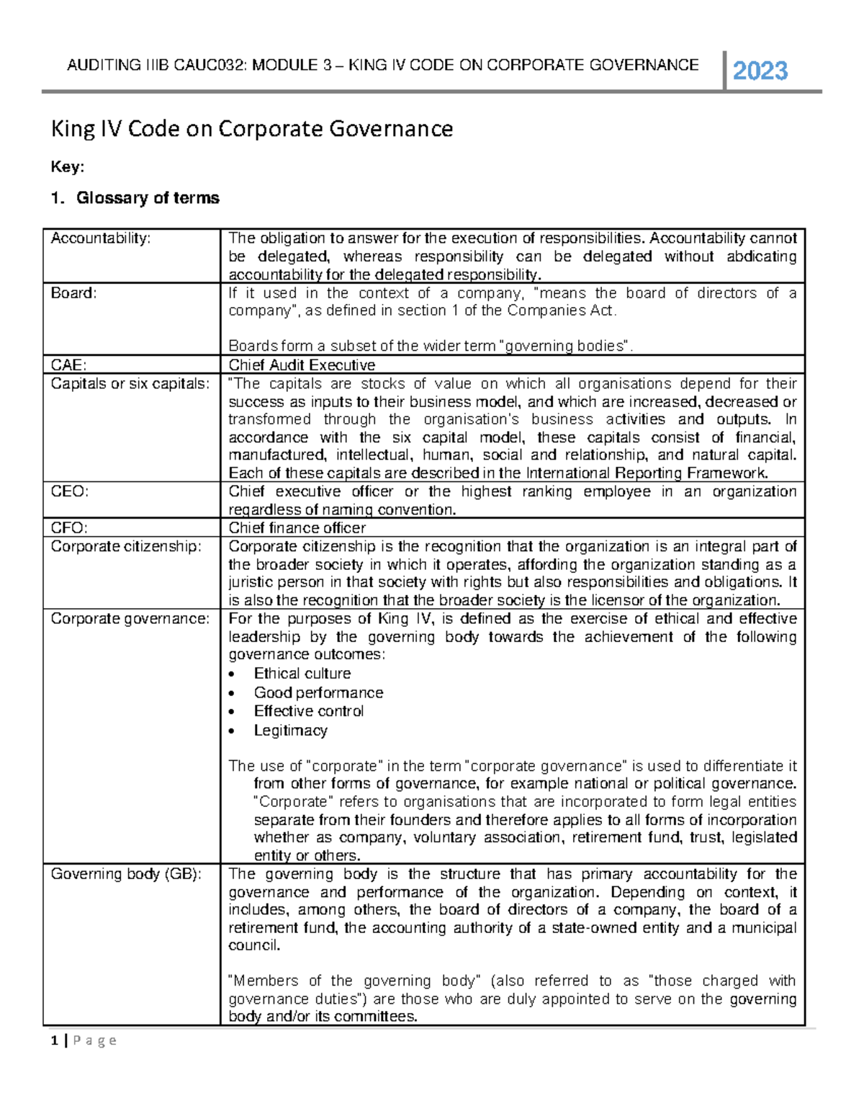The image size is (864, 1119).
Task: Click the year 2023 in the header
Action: [760, 71]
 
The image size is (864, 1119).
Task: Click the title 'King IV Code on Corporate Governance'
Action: [251, 129]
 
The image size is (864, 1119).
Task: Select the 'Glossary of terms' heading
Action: [147, 198]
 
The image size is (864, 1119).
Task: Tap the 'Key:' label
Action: [67, 167]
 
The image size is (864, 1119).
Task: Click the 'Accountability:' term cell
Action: [101, 238]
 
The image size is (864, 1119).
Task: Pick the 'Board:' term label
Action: [73, 293]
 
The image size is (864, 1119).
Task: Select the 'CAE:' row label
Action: [68, 365]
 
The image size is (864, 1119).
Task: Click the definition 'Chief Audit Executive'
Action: [302, 365]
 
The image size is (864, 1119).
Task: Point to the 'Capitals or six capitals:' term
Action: [130, 383]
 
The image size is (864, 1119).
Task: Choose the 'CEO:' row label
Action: [69, 491]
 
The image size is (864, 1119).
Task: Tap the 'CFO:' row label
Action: [69, 527]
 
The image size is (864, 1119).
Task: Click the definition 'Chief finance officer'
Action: [297, 527]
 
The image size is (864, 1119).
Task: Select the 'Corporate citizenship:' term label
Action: [126, 546]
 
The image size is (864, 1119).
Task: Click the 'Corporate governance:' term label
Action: [130, 618]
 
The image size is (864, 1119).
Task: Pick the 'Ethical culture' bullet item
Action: [302, 674]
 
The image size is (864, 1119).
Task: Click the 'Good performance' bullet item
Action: [318, 692]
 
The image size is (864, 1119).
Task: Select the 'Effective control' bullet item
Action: [308, 711]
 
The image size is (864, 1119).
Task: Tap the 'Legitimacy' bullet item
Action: [290, 731]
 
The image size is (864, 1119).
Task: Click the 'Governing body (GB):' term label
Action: [126, 874]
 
